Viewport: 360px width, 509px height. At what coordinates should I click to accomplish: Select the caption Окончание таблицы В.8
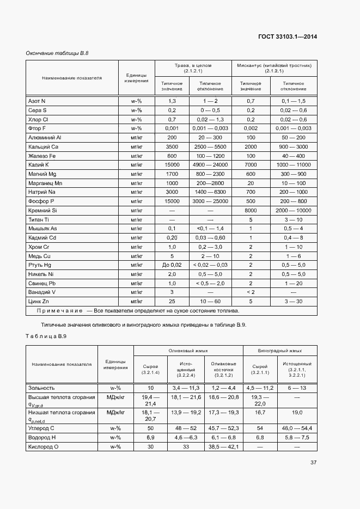coord(57,53)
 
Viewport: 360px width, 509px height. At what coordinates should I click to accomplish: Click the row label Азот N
coord(37,101)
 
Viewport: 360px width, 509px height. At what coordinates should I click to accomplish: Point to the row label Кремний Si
coord(42,210)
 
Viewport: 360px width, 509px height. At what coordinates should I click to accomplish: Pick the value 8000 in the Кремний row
coord(251,210)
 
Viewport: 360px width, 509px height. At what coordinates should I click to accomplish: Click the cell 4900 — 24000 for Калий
coord(210,164)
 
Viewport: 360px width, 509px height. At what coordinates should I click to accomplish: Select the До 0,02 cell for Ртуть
coord(172,265)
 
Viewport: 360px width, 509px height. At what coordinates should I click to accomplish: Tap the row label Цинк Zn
coord(39,301)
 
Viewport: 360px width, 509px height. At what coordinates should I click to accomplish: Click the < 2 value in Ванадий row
coord(251,292)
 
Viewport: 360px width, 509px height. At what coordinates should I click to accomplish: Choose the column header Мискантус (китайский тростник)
coord(274,68)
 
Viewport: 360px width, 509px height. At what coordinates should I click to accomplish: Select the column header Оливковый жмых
coord(188,351)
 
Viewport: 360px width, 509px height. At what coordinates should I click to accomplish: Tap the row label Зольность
coord(41,388)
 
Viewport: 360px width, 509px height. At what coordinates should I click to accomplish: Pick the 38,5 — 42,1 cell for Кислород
coord(223,447)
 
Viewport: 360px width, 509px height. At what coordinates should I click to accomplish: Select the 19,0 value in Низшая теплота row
coord(297,414)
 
